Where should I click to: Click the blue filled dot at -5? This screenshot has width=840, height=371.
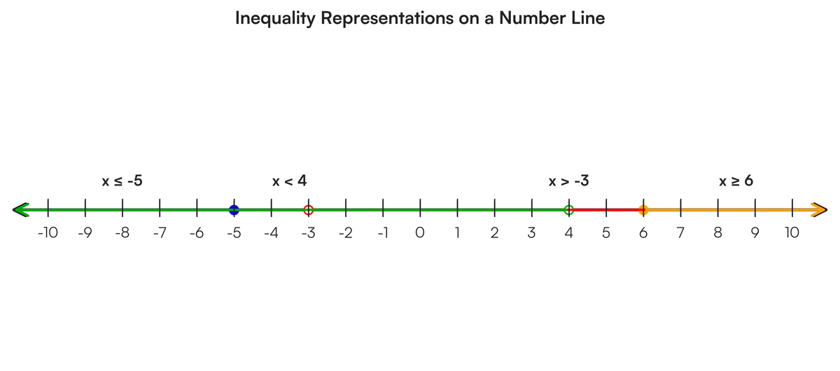(234, 210)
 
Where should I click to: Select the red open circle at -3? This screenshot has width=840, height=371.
(308, 210)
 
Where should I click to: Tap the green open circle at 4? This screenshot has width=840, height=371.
(569, 210)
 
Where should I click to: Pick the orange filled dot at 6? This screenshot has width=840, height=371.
(643, 210)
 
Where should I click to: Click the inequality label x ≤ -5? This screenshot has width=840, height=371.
(122, 181)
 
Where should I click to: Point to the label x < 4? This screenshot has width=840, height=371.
(290, 181)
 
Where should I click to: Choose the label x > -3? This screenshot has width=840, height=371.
(569, 181)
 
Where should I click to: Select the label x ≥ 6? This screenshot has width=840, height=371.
(736, 181)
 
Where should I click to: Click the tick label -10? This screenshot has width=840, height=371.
(48, 233)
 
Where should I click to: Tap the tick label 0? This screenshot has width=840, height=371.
(420, 233)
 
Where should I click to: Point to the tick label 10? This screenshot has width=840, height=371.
(792, 233)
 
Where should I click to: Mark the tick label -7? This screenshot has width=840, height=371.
(160, 233)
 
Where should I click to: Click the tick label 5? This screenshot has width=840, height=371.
(606, 233)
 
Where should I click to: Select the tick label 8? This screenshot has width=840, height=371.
(717, 233)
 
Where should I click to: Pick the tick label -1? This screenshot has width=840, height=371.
(383, 233)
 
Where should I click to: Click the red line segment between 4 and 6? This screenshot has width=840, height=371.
(606, 210)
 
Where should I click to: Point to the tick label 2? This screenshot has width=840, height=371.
(495, 233)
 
